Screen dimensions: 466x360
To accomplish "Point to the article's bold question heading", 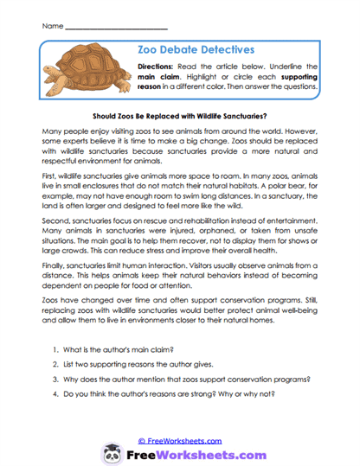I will pyautogui.click(x=179, y=114).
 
